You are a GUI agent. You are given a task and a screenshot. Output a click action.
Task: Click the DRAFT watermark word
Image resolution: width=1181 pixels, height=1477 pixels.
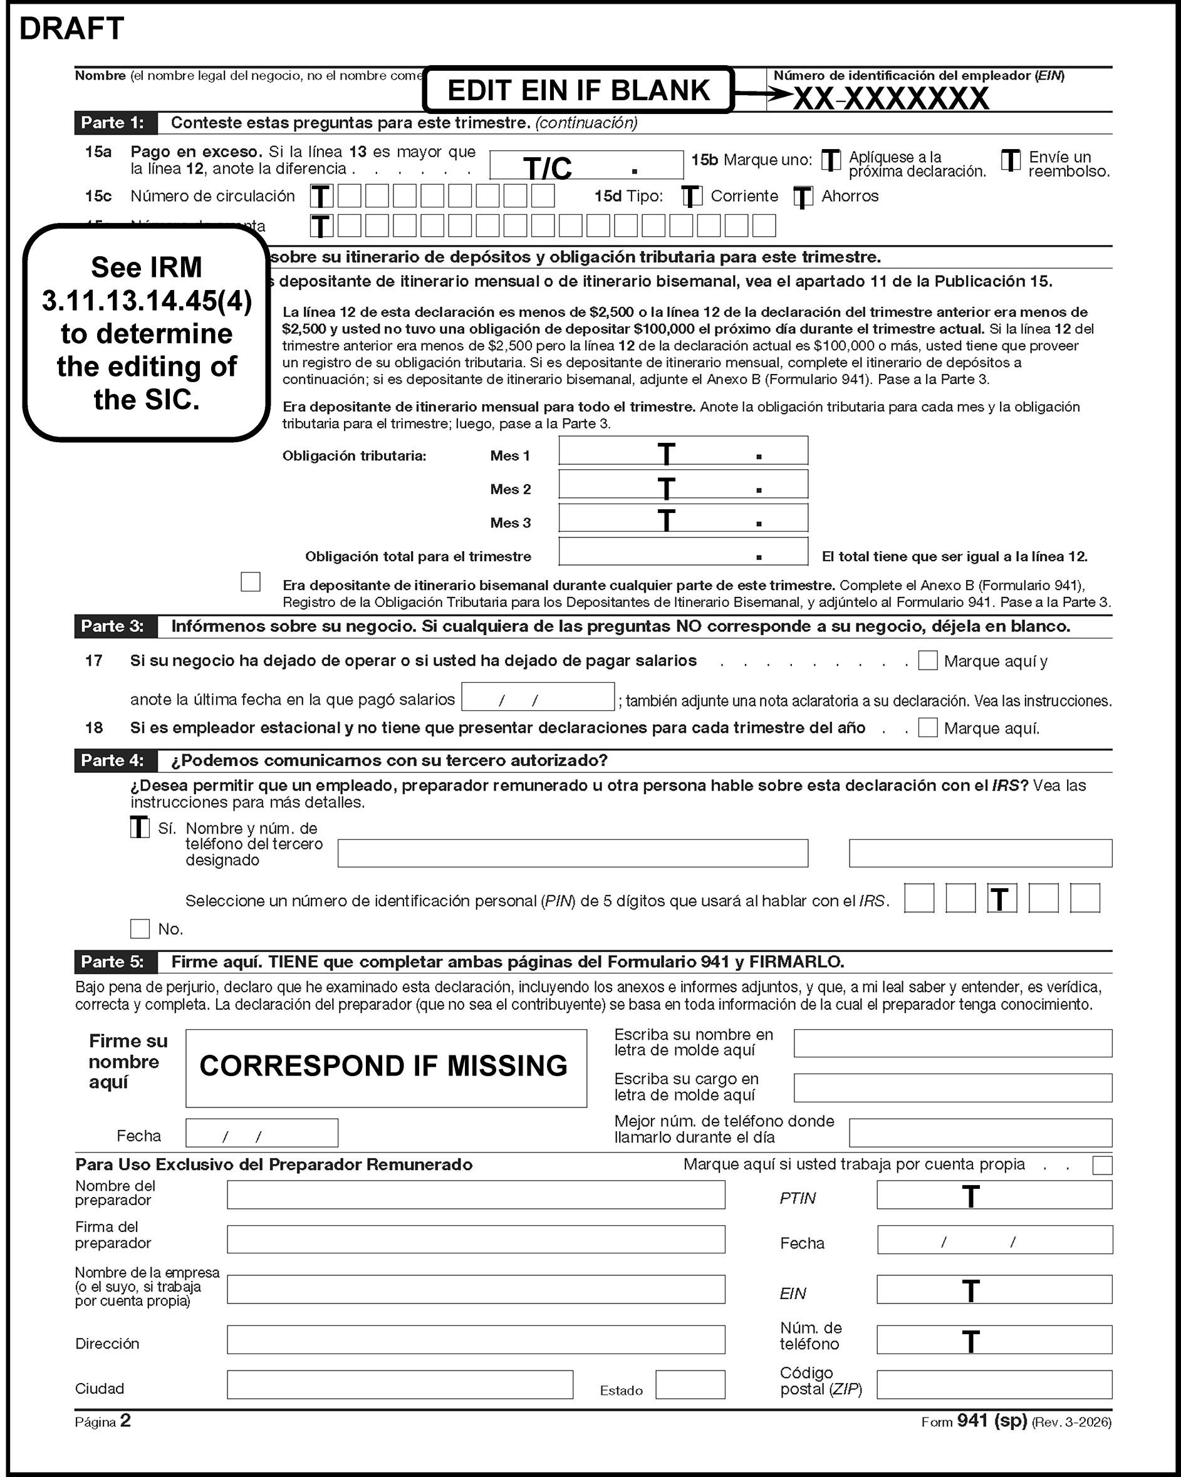[x=72, y=29]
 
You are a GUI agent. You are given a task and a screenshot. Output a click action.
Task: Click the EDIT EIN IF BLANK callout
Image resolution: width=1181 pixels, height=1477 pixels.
[x=578, y=90]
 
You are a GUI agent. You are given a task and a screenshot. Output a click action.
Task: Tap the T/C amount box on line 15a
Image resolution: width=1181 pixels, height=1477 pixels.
[x=586, y=165]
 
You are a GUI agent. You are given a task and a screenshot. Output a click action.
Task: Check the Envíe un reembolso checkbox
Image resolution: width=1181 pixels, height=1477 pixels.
[x=1011, y=161]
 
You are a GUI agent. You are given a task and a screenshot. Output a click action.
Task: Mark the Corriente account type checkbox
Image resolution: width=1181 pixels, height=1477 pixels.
[x=692, y=197]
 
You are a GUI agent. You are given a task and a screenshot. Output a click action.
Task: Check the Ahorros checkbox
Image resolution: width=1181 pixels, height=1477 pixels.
[x=803, y=197]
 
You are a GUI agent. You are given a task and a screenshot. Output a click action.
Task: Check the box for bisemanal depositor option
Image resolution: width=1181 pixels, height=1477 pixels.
[x=251, y=582]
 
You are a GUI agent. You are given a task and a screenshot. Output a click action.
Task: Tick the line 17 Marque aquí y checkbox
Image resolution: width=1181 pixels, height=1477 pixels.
[x=927, y=660]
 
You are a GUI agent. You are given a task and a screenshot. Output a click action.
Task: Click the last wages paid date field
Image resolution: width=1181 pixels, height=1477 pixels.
[x=538, y=697]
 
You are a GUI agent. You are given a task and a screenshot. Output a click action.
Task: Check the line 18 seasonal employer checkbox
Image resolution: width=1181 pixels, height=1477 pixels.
[x=927, y=728]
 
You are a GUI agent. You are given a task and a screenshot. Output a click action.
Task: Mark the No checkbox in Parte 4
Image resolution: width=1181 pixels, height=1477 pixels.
[x=140, y=929]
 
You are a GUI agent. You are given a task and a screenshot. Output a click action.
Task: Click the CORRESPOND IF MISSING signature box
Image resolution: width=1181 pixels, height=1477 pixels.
[x=386, y=1067]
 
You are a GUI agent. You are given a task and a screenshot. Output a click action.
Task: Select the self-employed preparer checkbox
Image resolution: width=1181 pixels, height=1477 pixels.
[x=1101, y=1165]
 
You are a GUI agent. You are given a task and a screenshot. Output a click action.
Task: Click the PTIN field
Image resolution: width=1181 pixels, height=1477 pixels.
[x=994, y=1195]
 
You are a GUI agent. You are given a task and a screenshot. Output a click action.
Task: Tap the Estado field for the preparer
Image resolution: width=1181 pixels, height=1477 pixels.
[x=690, y=1384]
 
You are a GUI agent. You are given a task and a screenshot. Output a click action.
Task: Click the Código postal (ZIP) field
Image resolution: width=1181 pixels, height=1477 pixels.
[x=994, y=1384]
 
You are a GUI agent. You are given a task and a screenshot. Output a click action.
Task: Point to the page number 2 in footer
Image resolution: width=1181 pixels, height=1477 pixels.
[x=125, y=1421]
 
